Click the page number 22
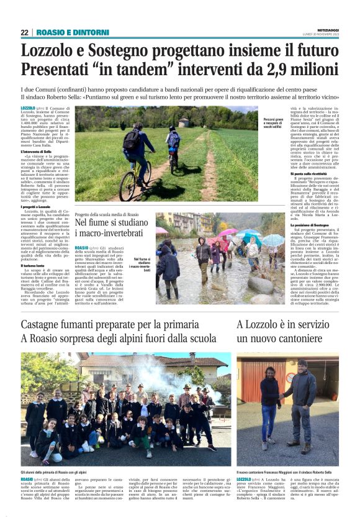pos(24,32)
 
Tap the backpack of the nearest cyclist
pos(131,140)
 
